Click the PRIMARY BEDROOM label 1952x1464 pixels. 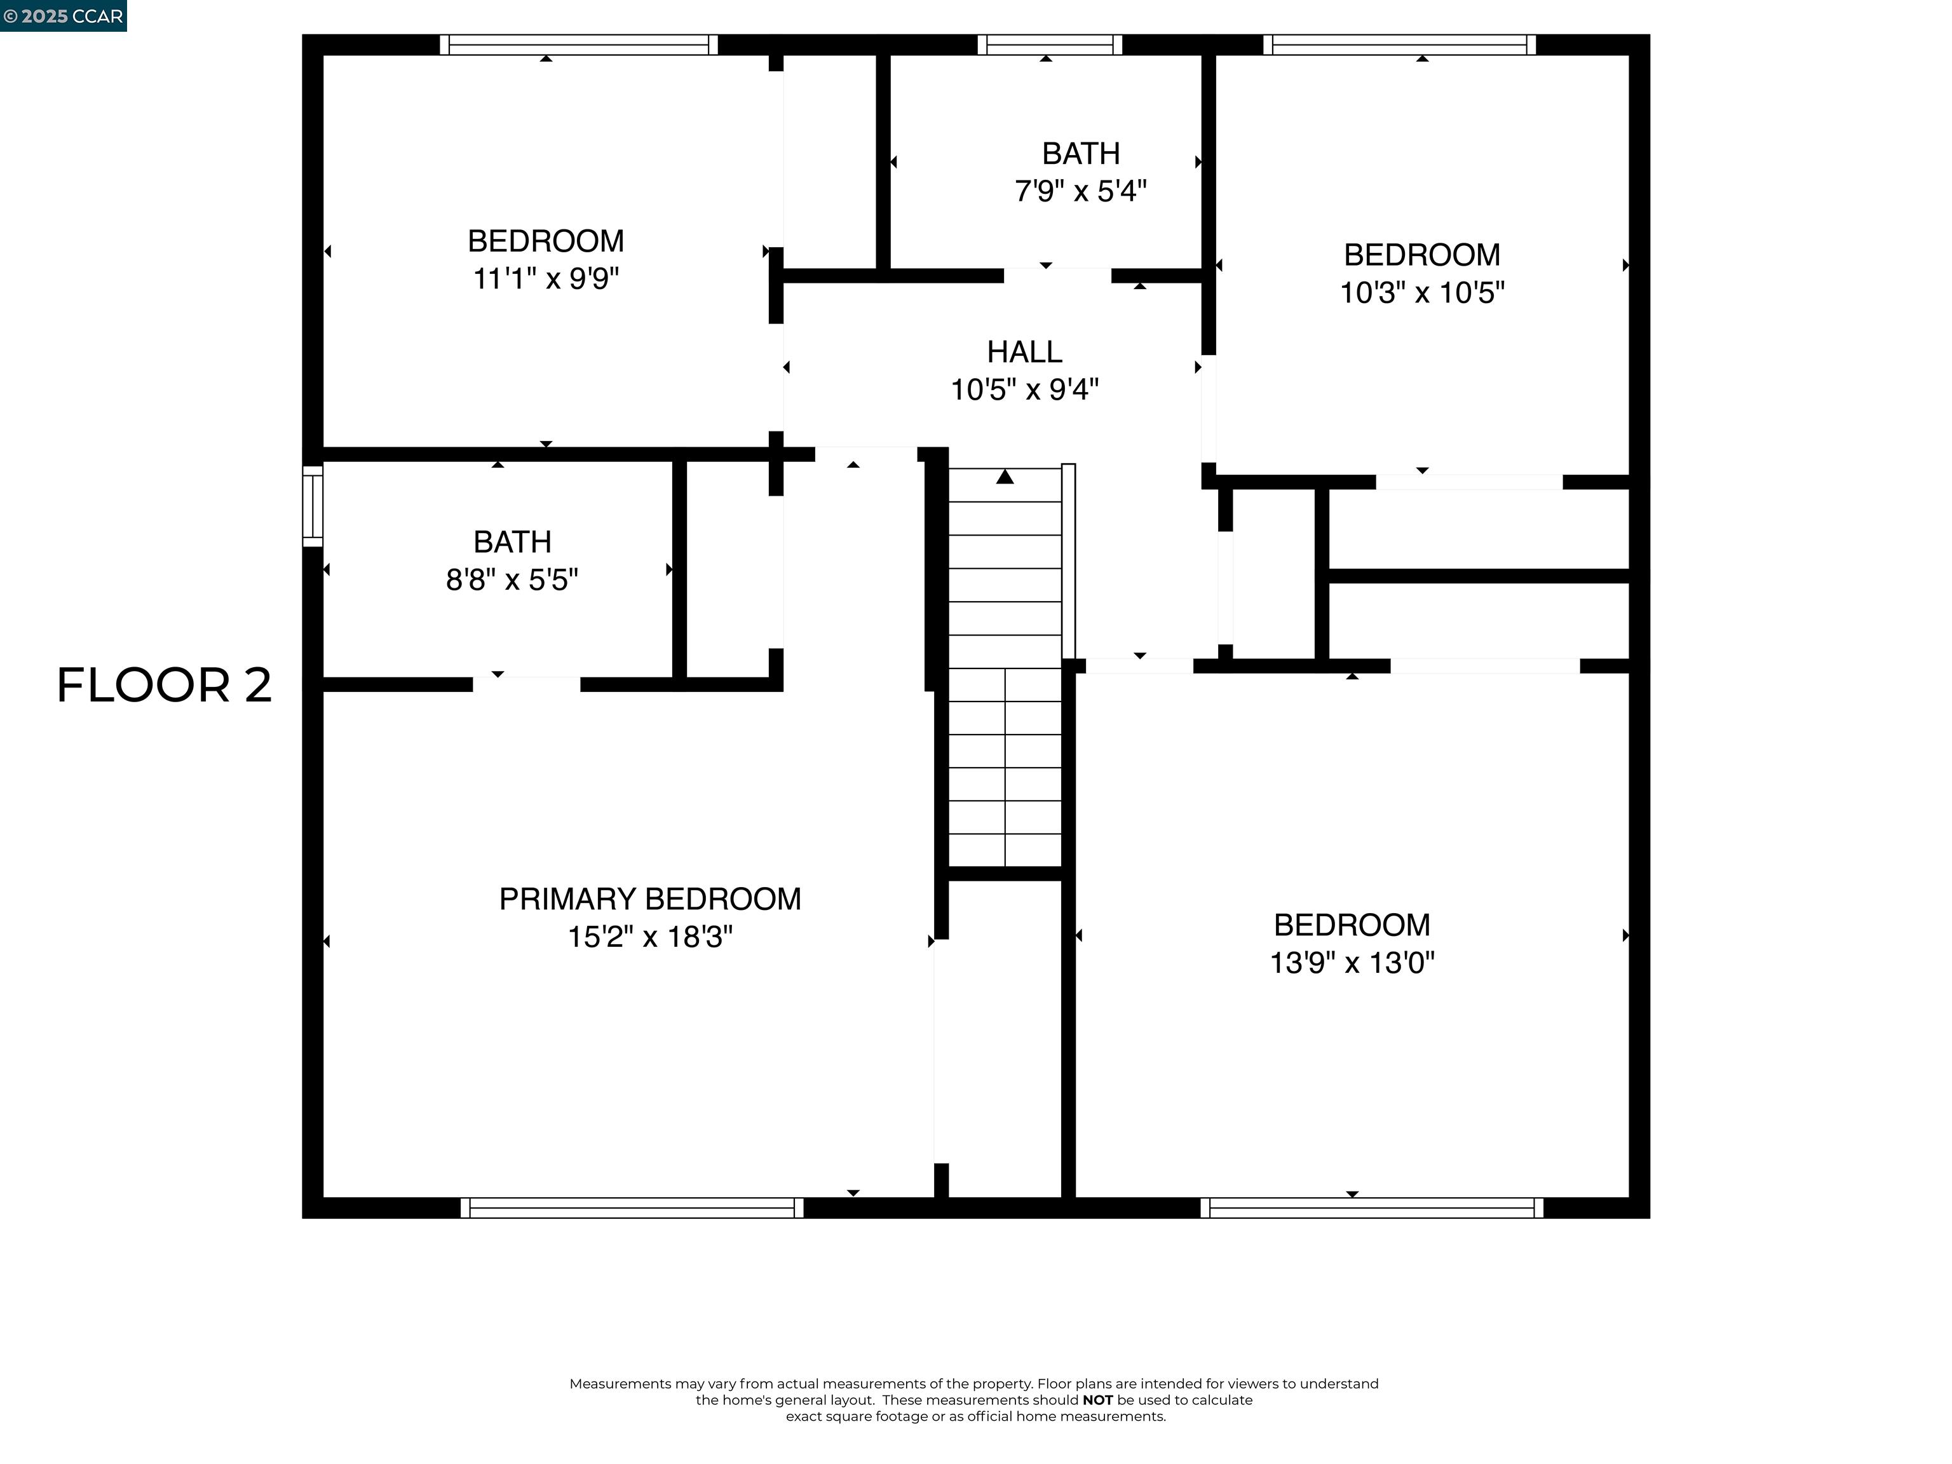[651, 898]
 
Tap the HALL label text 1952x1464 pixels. [1024, 351]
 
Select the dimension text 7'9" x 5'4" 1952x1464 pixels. [1080, 191]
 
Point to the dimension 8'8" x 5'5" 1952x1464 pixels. [512, 579]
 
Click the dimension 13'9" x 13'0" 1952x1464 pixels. [1352, 962]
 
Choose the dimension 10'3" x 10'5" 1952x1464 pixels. [1421, 292]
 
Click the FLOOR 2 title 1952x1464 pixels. [164, 685]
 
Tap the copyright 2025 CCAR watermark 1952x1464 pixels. [63, 16]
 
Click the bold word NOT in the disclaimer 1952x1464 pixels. [1098, 1400]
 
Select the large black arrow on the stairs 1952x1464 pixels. [1005, 477]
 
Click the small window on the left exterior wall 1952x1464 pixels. [313, 506]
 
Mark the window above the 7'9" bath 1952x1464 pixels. [1049, 44]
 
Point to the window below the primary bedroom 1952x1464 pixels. [632, 1208]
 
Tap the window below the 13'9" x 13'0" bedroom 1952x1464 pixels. [1372, 1208]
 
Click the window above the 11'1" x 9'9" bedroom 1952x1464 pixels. [578, 44]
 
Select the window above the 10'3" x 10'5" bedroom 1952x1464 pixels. [1400, 44]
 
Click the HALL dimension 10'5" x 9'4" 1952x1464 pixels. [1024, 389]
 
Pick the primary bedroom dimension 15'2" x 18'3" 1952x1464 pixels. [651, 937]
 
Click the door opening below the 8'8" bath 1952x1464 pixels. [527, 684]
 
